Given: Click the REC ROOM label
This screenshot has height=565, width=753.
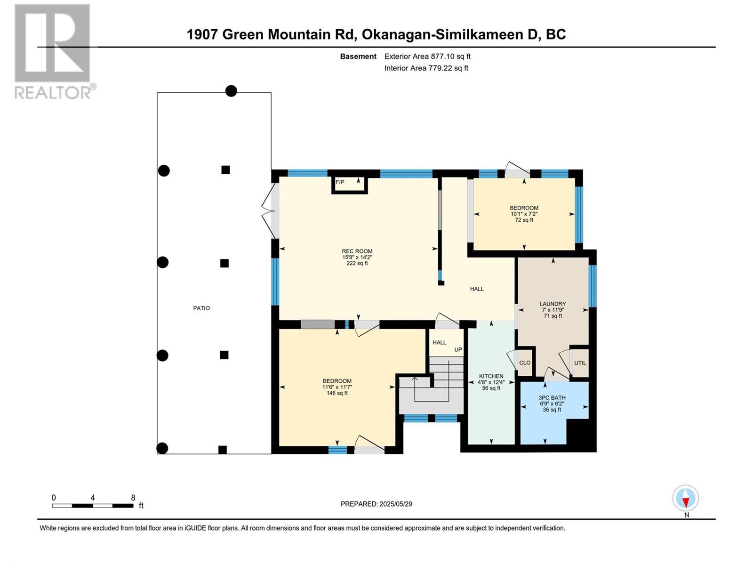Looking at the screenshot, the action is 357,251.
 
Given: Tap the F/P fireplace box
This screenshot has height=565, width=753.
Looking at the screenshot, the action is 350,185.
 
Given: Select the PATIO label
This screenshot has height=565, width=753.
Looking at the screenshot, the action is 201,308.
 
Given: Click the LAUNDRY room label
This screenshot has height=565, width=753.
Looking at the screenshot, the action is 553,304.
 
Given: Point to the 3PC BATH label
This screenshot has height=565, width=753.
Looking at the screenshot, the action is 552,397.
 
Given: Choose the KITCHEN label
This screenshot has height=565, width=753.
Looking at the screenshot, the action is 491,376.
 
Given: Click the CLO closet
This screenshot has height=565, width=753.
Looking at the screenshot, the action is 525,363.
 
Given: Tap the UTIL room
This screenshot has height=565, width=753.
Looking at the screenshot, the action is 580,363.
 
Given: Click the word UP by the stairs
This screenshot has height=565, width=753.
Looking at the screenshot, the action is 458,349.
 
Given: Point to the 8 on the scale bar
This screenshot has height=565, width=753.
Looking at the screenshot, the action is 133,497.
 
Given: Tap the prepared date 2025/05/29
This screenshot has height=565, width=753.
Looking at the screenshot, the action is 395,504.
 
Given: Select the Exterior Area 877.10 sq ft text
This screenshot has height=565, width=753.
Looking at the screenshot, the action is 427,56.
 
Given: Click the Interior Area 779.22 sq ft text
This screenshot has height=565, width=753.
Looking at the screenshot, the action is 426,68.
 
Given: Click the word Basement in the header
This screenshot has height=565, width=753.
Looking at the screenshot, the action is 358,56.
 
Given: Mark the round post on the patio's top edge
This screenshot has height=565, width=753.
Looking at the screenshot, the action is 231,91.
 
